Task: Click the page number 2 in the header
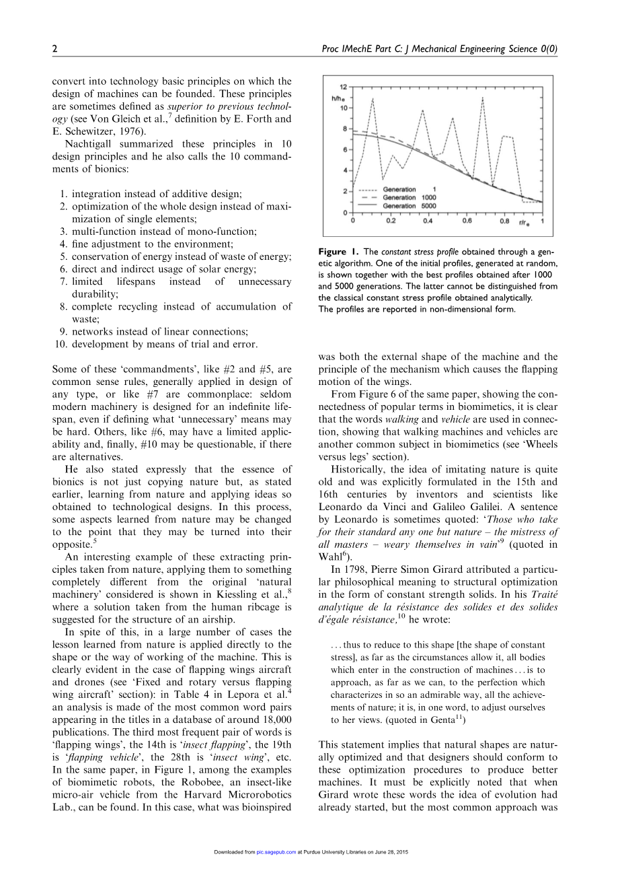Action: point(54,49)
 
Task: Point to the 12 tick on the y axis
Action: point(344,87)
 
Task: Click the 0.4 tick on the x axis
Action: point(428,221)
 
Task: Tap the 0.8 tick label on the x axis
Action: point(504,221)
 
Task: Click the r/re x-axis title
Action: point(524,221)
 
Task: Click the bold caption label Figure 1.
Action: point(339,252)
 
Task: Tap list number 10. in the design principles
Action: point(62,344)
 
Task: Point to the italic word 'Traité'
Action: point(544,594)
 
